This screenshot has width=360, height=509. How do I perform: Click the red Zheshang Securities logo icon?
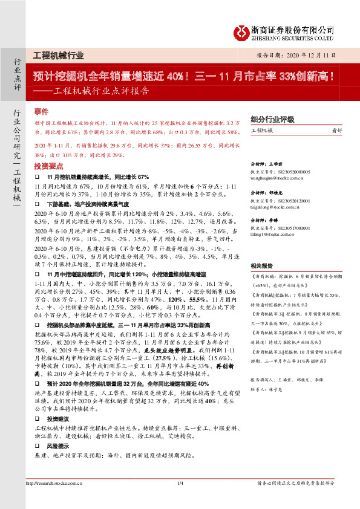click(242, 31)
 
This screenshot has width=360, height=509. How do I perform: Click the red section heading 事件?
click(41, 112)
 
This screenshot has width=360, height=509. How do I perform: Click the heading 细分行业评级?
click(272, 119)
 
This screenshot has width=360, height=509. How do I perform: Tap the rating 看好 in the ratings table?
click(337, 131)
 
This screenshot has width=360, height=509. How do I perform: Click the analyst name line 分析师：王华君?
click(267, 163)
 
